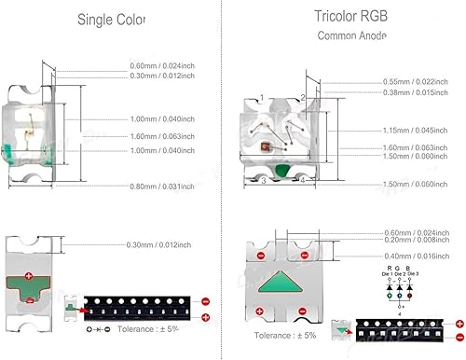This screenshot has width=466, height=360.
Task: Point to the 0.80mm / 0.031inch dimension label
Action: pos(162,187)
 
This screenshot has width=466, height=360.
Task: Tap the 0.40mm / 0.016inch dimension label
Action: pos(418,256)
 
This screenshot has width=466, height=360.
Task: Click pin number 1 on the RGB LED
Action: pos(263,96)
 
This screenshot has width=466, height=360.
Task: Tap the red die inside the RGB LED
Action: pos(266,146)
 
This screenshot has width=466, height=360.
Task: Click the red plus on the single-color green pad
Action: pos(29,276)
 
